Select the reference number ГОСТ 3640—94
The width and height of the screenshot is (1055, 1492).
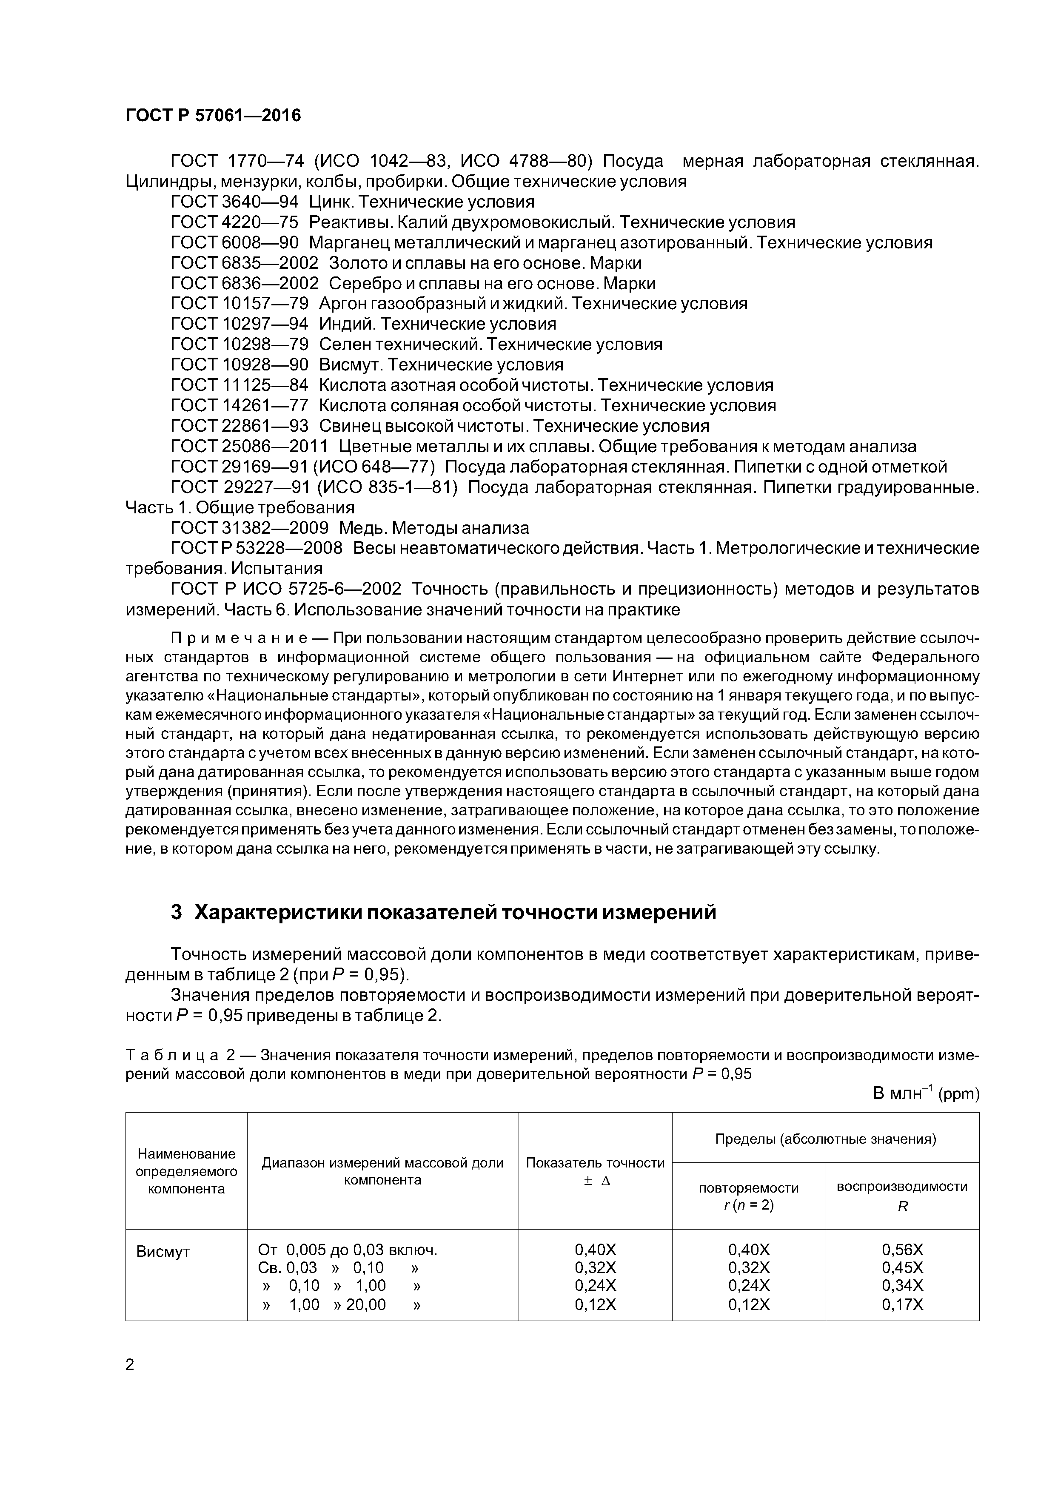point(234,202)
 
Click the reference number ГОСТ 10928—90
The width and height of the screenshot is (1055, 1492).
point(239,364)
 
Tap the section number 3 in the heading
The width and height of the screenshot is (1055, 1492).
point(176,912)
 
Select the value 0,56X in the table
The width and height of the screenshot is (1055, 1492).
point(902,1250)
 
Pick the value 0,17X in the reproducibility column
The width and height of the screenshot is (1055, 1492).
point(902,1304)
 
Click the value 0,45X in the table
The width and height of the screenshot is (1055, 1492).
point(902,1268)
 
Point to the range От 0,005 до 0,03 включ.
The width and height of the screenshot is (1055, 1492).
point(348,1250)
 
